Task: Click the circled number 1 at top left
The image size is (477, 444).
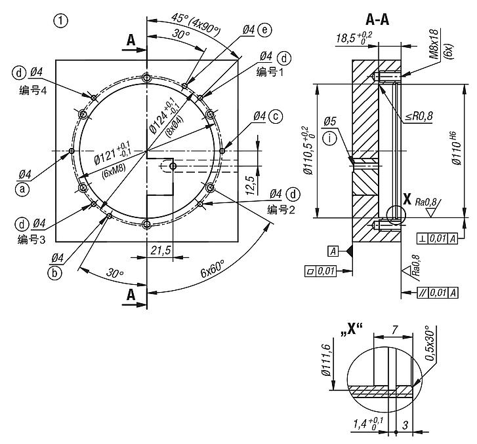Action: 61,21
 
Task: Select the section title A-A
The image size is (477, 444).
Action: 377,20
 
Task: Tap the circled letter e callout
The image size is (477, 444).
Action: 264,29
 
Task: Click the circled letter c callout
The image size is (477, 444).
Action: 276,117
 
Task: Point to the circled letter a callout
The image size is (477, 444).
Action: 22,189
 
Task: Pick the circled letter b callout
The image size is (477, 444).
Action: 54,272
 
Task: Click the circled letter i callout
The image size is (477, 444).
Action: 331,138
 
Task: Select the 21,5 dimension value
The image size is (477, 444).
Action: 161,251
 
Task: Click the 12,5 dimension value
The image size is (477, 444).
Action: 251,185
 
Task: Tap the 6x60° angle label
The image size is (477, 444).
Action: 213,268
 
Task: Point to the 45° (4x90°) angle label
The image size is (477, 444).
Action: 196,24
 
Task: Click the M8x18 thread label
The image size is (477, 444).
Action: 434,44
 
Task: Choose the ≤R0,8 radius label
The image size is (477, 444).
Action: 419,116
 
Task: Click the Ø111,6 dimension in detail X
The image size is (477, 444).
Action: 326,360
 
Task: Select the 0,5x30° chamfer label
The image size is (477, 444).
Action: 430,343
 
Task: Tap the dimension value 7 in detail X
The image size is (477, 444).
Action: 394,329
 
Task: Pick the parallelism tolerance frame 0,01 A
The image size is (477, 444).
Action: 438,293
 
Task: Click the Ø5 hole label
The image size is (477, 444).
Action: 329,121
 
